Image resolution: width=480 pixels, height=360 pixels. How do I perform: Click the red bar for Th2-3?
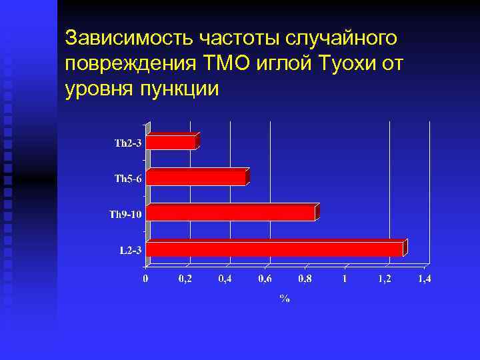[171, 142]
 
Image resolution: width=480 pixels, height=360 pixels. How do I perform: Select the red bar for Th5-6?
[196, 178]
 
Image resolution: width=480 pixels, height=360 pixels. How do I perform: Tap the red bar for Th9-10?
[231, 213]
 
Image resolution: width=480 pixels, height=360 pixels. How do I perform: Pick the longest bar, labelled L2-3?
[275, 249]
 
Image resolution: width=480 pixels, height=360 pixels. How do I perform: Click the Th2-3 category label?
[128, 143]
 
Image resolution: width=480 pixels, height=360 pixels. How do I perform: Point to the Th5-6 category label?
[128, 179]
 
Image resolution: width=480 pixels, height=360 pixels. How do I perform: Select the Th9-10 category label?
[125, 214]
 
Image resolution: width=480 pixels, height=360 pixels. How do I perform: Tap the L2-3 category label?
[131, 250]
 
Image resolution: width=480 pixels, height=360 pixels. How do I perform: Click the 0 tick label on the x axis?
[147, 279]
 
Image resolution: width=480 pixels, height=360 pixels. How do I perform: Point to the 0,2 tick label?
[186, 279]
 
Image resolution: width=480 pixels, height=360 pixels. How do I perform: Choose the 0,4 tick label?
[226, 279]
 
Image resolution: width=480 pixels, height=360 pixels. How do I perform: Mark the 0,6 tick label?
[265, 279]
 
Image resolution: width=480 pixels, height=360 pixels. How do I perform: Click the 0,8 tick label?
[305, 279]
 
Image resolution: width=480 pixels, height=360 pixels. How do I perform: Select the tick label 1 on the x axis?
[345, 279]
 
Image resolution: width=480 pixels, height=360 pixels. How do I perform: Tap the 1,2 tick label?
[384, 279]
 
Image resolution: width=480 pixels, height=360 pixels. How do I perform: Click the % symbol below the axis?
[285, 299]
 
